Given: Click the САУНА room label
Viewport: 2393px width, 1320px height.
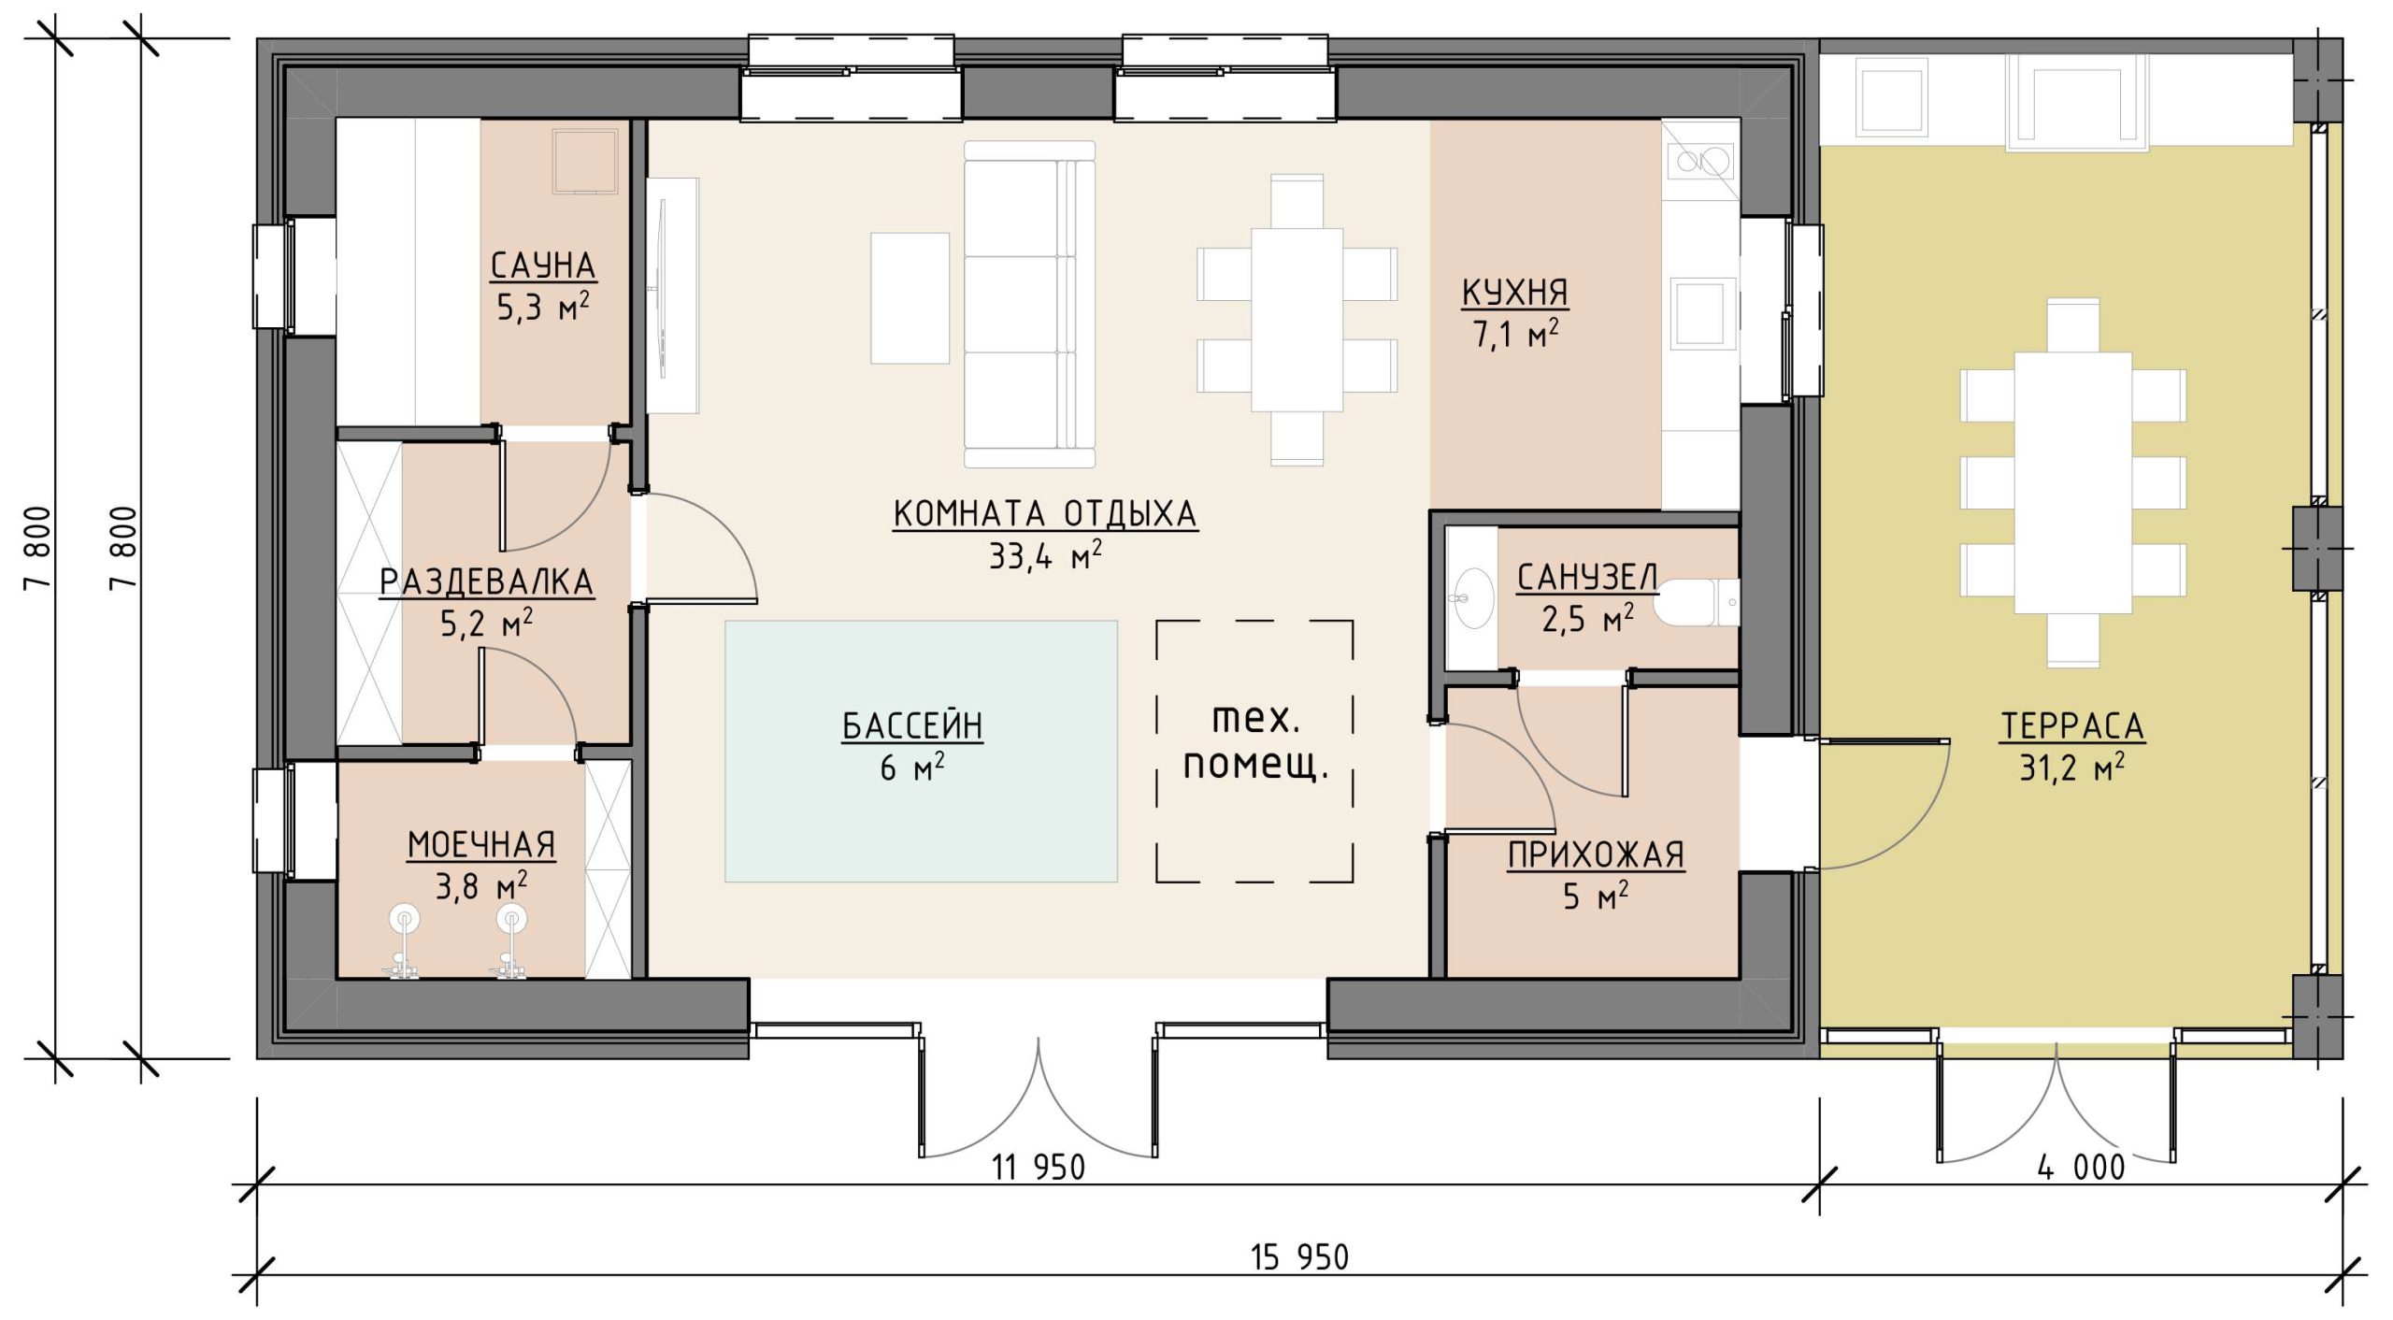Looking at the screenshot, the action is pos(543,265).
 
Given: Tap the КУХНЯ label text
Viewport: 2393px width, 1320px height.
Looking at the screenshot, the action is pos(1514,293).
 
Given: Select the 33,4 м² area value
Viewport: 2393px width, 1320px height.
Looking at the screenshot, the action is pos(1045,556).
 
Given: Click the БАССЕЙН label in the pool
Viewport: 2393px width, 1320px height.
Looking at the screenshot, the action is pos(912,725).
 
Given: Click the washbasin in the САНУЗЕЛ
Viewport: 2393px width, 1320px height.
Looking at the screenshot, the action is pos(1474,597).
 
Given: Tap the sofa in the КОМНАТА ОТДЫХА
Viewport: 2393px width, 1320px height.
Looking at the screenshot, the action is pos(1029,304).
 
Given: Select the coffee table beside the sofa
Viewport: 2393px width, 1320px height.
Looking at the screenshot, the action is pos(910,297).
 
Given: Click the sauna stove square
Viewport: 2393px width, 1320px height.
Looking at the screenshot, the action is pos(585,161).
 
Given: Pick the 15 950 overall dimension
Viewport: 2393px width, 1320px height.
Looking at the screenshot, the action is pos(1299,1257).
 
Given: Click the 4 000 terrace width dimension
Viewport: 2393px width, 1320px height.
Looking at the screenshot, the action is pos(2081,1168).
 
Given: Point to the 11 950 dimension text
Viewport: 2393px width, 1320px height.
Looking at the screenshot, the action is pos(1039,1168).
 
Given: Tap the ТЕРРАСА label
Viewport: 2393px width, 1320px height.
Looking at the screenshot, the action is pos(2071,725).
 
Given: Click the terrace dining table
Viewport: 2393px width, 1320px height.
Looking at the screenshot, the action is pos(2072,482).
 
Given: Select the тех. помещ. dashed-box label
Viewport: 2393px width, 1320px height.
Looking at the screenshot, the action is pos(1255,741).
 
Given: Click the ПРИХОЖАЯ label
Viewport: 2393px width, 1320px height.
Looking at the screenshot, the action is pos(1596,854).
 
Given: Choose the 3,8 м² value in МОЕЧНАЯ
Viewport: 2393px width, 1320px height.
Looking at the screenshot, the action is pos(481,885).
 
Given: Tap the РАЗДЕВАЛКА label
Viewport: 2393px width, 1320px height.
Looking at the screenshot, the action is pos(486,581).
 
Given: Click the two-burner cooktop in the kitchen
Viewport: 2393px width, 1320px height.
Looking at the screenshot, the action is pos(1699,161).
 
